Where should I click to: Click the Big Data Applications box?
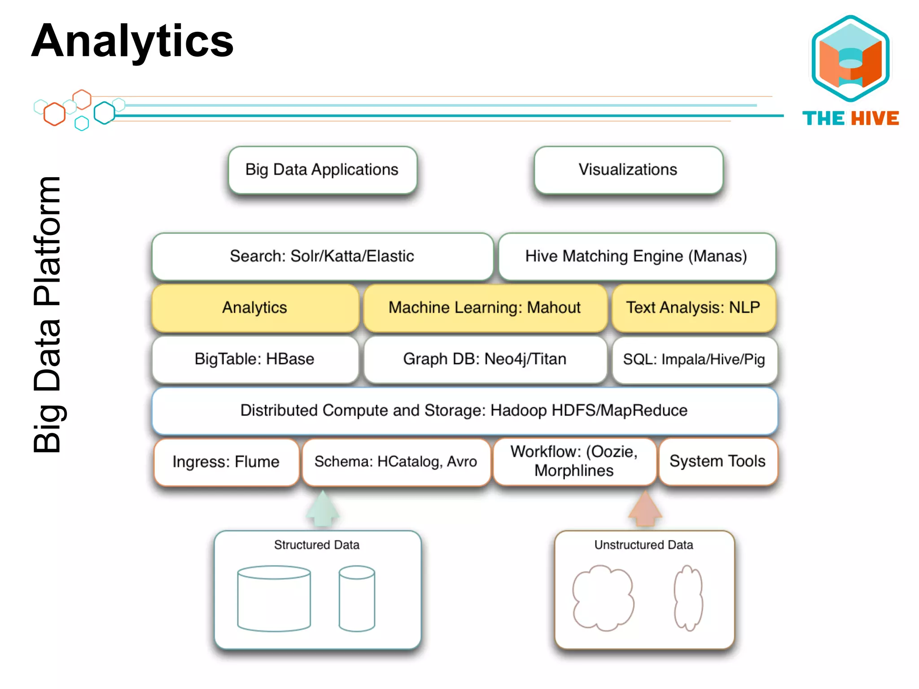point(322,170)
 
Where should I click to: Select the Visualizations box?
point(628,170)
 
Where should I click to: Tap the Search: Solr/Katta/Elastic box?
point(322,257)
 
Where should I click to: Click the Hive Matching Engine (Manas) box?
point(636,257)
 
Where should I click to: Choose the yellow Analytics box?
point(255,308)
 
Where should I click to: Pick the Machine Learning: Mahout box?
point(485,308)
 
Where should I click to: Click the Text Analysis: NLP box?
point(693,308)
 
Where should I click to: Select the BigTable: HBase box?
point(255,359)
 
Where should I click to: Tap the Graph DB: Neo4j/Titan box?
point(485,359)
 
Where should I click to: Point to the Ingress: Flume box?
point(226,462)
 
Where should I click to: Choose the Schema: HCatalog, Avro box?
point(396,462)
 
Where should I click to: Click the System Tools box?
point(718,462)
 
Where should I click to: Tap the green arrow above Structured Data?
point(323,509)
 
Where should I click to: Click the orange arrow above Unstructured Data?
point(645,509)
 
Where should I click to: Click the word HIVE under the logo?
point(875,119)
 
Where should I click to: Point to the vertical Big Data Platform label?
point(47,314)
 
